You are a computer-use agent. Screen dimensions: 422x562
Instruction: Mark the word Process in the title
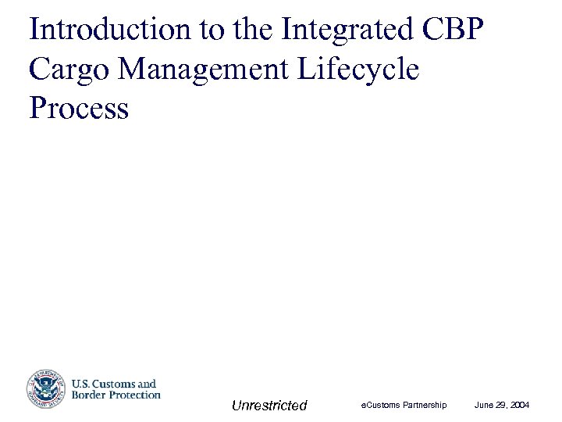[x=78, y=109]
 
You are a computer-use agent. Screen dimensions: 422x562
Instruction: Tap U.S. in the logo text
[x=82, y=384]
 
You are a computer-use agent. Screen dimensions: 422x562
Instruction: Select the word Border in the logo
[x=89, y=395]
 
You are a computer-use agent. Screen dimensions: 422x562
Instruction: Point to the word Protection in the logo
[x=134, y=395]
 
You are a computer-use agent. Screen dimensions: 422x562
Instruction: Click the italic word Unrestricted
[x=269, y=405]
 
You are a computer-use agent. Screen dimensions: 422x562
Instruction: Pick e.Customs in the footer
[x=381, y=405]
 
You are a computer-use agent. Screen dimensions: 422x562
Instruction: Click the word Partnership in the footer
[x=425, y=405]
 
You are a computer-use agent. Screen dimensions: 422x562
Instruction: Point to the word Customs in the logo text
[x=115, y=384]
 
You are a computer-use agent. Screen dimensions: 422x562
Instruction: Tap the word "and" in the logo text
[x=148, y=384]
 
